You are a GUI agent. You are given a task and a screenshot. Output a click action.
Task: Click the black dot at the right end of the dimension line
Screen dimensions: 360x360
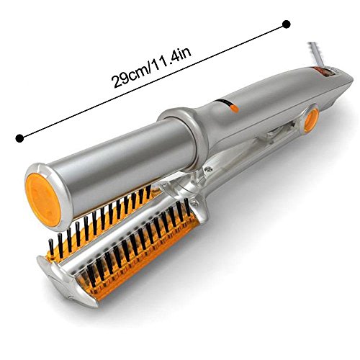pos(287,24)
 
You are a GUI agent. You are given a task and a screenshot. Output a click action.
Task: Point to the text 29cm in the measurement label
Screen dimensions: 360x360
pos(129,74)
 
